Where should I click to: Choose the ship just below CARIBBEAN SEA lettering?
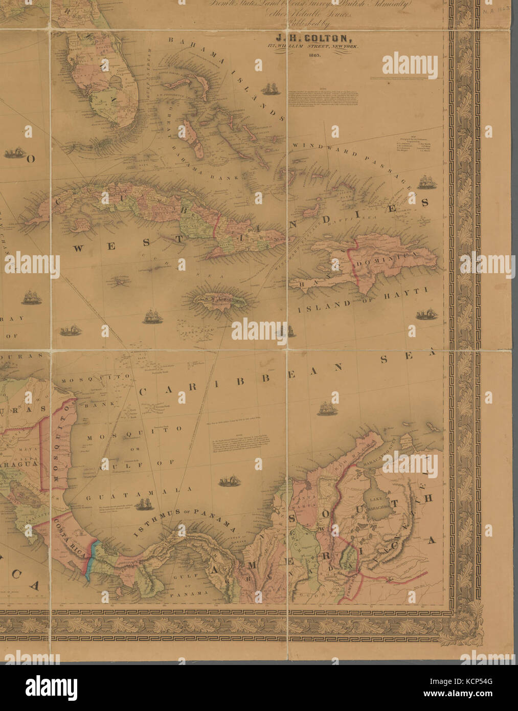(326, 408)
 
